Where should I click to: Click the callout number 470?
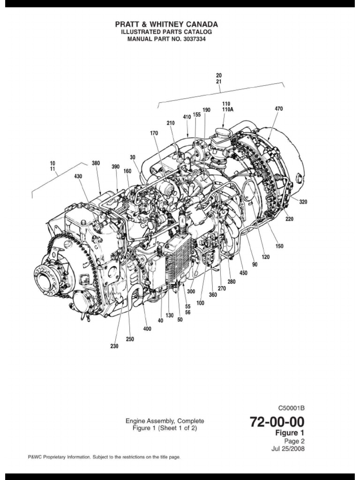[278, 108]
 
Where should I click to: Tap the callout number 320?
[303, 202]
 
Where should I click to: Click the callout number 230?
[115, 346]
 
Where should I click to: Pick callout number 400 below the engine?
[147, 329]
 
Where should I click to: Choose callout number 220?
[290, 218]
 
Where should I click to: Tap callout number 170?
[154, 133]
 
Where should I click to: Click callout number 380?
[96, 164]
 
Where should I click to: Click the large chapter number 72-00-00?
[277, 422]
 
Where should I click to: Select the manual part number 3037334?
[193, 39]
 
